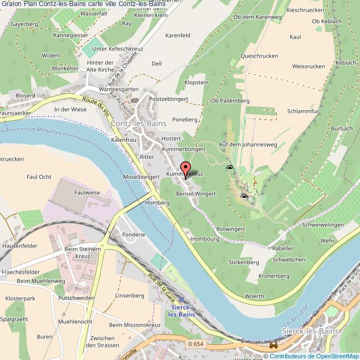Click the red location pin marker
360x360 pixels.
click(x=186, y=168)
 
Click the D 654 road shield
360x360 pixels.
click(x=195, y=344)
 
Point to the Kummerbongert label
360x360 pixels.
click(x=184, y=150)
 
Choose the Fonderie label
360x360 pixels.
click(x=133, y=234)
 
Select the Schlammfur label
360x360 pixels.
click(x=303, y=111)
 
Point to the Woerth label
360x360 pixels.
click(x=254, y=297)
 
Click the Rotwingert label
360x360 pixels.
click(x=230, y=228)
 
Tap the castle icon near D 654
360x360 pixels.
click(x=273, y=345)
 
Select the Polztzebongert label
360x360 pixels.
click(x=169, y=99)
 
